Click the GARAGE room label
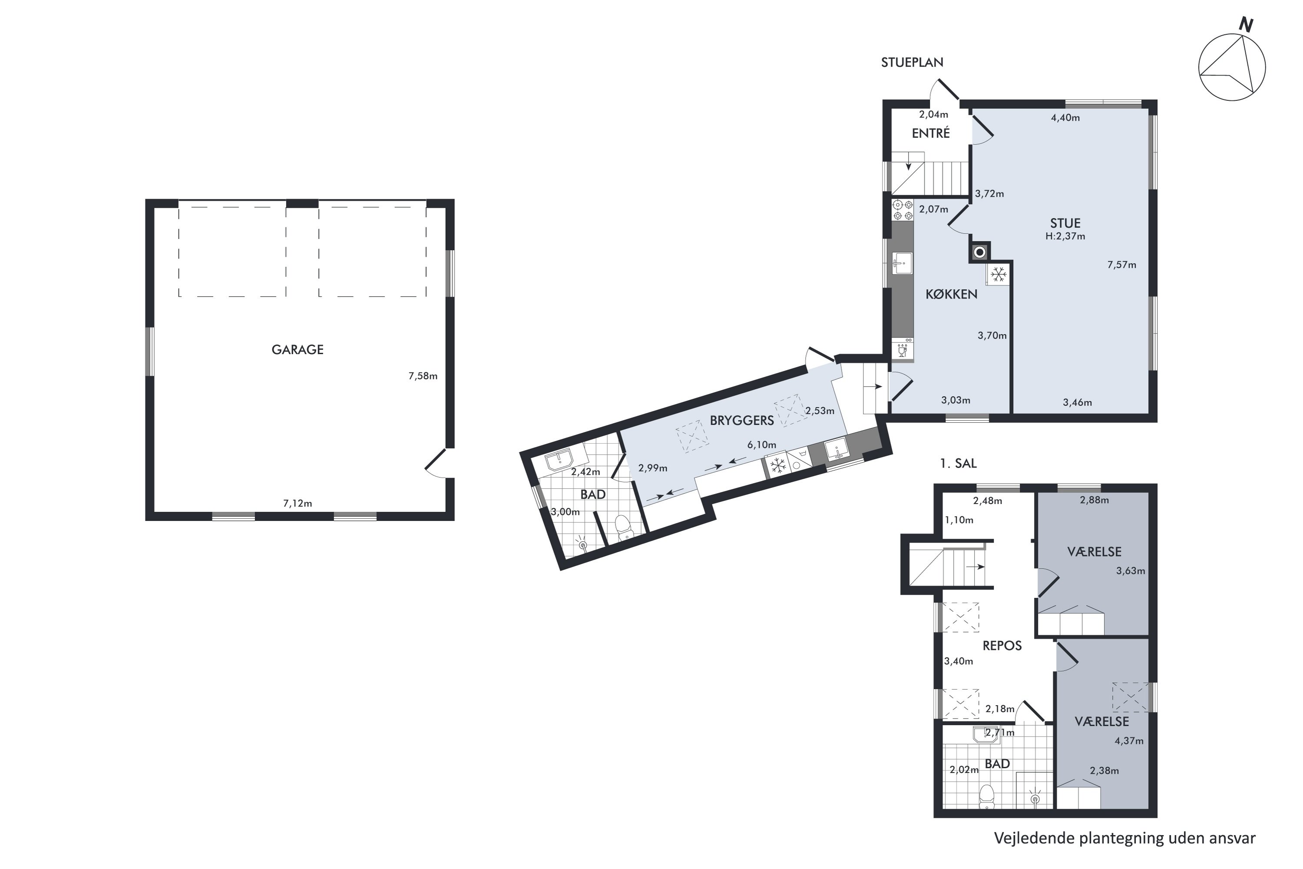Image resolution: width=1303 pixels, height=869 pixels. tap(298, 350)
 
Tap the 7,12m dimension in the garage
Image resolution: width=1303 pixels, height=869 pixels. tap(298, 503)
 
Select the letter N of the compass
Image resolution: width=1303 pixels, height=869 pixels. tap(1247, 25)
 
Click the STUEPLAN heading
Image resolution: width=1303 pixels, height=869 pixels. tap(912, 63)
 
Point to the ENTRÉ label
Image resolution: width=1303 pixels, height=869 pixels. tap(931, 133)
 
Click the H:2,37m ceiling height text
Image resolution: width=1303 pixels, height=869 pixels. tap(1065, 236)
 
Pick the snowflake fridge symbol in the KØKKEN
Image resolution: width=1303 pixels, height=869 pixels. tap(998, 274)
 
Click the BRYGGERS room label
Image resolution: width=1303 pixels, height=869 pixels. tap(742, 421)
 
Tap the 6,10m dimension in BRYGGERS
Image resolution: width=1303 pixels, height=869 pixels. tap(762, 444)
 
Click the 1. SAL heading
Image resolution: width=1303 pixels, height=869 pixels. tap(959, 463)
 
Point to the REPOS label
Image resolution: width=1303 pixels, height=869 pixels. tap(1002, 646)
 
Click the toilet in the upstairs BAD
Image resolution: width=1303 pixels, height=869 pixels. tap(987, 796)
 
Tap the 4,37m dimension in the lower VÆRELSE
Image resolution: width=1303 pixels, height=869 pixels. tap(1129, 741)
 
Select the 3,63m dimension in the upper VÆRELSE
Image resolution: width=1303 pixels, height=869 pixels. tap(1131, 571)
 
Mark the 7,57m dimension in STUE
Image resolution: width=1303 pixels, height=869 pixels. tap(1122, 265)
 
